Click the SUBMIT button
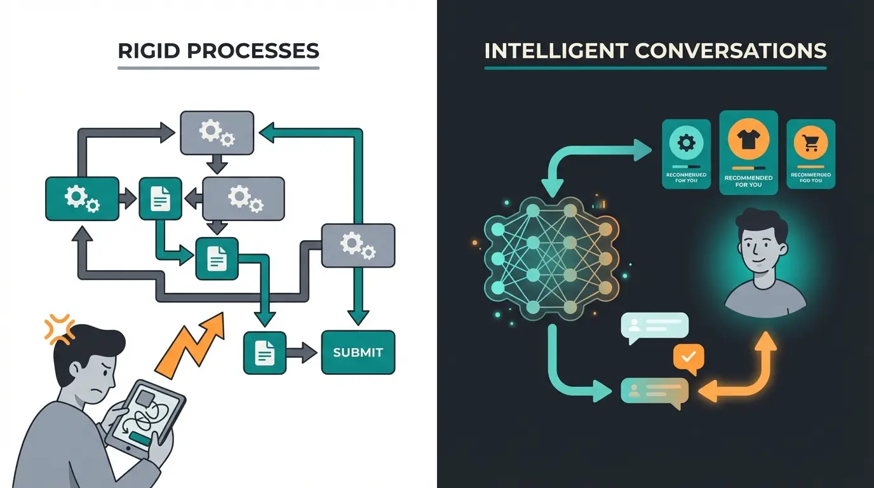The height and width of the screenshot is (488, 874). [x=358, y=352]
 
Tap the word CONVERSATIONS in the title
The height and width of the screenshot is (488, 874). [x=741, y=51]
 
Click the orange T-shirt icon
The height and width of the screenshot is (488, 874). [x=748, y=138]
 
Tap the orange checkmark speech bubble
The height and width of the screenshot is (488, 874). [x=689, y=357]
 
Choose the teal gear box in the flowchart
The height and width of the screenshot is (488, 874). [x=82, y=198]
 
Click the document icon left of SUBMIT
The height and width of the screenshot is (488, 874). [x=264, y=352]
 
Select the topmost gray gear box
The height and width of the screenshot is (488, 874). [x=217, y=133]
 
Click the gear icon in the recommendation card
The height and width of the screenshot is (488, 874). [x=687, y=142]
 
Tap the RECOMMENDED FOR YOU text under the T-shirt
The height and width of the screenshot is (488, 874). [x=748, y=181]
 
